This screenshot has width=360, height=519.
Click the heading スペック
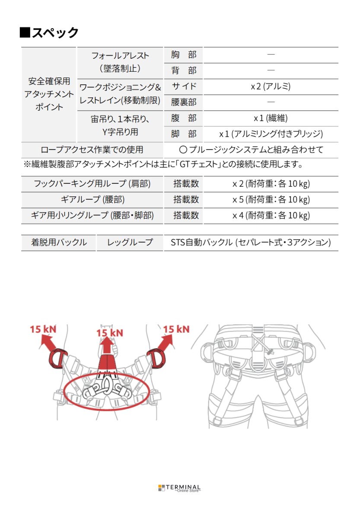(x=49, y=32)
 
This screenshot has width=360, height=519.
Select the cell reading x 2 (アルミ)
(x=271, y=86)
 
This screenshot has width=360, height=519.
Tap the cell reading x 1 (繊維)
(x=271, y=118)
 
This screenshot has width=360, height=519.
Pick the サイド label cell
(x=184, y=86)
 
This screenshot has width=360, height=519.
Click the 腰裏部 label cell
(x=184, y=103)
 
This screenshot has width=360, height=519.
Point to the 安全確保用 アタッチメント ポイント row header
(x=49, y=94)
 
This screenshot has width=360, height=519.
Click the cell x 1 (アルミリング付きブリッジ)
(x=271, y=134)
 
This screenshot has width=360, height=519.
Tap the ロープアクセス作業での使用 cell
(x=92, y=150)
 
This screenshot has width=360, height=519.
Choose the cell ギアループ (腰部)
(x=92, y=199)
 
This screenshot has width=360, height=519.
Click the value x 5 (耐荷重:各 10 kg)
(x=271, y=199)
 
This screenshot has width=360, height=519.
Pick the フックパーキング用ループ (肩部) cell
(x=92, y=183)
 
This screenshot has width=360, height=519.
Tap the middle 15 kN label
(x=109, y=333)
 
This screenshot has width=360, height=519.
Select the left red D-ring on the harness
(x=57, y=359)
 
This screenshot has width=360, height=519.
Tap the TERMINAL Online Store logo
(x=179, y=488)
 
